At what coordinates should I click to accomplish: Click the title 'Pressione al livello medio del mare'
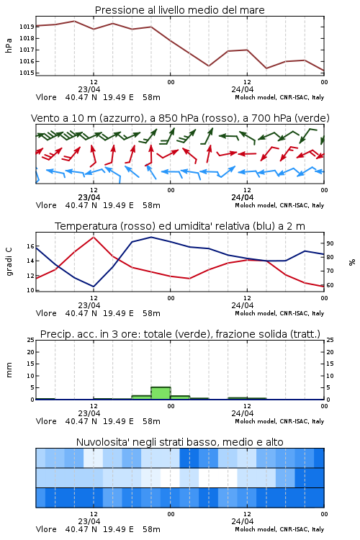click(179, 10)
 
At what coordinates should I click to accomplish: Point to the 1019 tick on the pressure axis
click(27, 27)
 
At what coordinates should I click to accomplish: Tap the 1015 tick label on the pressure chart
click(27, 73)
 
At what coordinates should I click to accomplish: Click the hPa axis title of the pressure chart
click(9, 45)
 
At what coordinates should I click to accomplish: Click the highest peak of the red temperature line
click(94, 237)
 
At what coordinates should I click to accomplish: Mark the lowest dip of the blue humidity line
click(94, 287)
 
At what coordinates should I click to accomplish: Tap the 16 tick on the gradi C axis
click(30, 246)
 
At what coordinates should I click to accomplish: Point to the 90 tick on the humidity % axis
click(330, 243)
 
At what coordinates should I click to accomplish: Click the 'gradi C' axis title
click(9, 261)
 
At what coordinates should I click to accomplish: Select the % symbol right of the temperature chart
click(352, 262)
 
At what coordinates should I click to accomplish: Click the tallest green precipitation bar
click(161, 393)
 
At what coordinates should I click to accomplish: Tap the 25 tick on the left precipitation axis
click(31, 341)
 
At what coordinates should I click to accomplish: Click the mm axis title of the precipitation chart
click(9, 370)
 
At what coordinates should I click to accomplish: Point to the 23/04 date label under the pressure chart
click(89, 89)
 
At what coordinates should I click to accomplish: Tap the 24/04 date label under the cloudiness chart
click(243, 521)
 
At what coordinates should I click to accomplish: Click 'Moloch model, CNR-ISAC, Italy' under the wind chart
click(279, 206)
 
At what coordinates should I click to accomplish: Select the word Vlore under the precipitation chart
click(46, 421)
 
